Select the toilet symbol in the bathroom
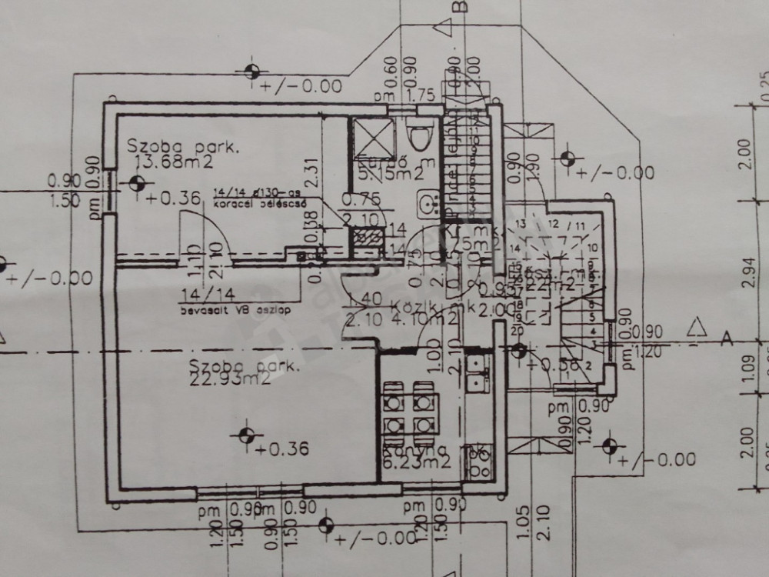[420, 136]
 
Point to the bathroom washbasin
[426, 203]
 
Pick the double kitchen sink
[477, 371]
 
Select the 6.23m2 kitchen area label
[416, 462]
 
